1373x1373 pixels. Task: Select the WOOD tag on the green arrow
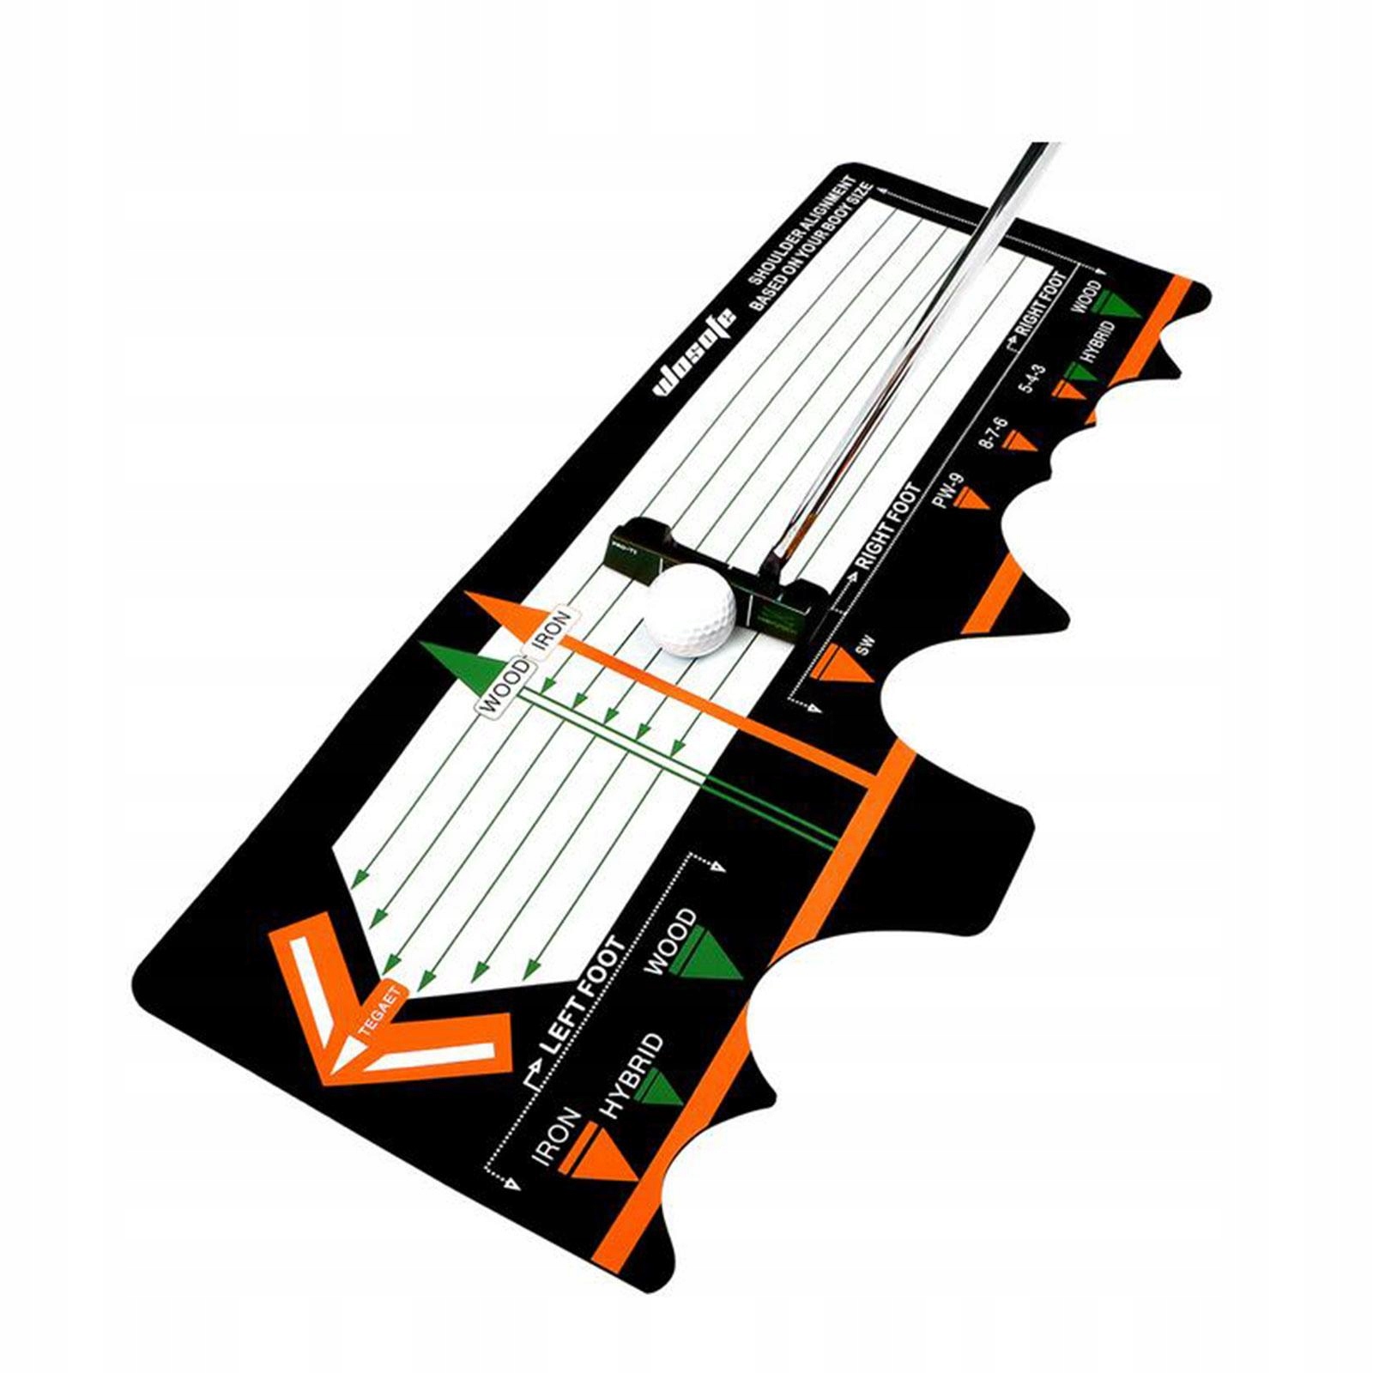pyautogui.click(x=504, y=686)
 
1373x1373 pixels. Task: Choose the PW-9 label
pyautogui.click(x=949, y=491)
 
